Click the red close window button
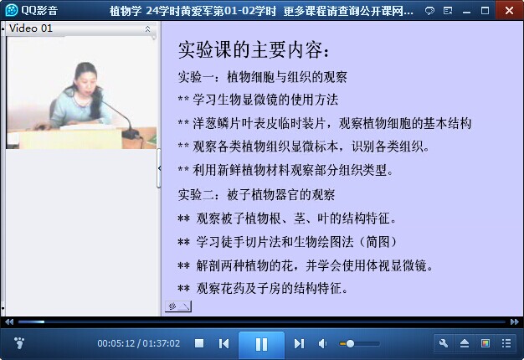coord(509,10)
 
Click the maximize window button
coord(485,11)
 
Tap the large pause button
coord(261,344)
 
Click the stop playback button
coord(199,343)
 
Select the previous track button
coord(223,343)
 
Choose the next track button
coord(299,343)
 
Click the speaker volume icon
coord(322,343)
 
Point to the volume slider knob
coord(350,343)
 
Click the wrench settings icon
coord(444,343)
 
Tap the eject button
coord(465,343)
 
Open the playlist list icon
coord(506,343)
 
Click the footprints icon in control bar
coord(19,343)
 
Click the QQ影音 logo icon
coord(12,10)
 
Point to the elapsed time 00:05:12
coord(116,343)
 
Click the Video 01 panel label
coord(31,28)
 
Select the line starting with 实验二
coord(256,194)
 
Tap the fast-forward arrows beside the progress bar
coord(515,321)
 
